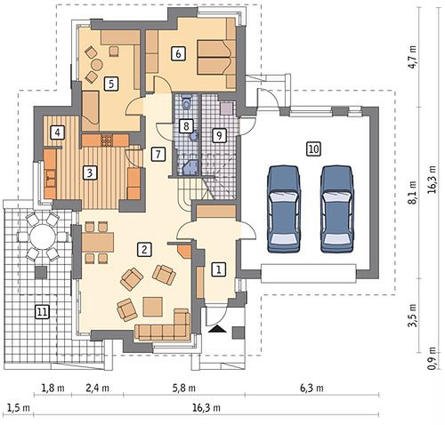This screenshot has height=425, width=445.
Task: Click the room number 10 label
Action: [313, 148]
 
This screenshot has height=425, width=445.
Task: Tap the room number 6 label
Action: [178, 54]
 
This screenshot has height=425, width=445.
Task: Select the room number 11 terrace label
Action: [43, 312]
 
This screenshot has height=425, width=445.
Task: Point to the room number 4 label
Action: [57, 132]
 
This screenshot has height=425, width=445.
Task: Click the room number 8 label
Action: [186, 126]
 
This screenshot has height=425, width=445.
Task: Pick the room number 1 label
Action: [219, 270]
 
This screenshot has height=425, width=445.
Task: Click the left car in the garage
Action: [284, 209]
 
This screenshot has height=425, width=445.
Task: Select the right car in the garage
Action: [337, 209]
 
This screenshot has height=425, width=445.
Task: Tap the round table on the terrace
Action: [43, 237]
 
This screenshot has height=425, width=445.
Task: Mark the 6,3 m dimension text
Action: [311, 388]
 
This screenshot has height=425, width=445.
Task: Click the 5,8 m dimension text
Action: [184, 388]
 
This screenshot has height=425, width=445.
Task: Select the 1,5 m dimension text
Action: [19, 408]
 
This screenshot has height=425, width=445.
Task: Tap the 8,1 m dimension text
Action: [413, 193]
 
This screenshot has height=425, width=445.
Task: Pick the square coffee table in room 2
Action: [153, 307]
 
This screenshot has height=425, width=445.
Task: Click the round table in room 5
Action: [96, 64]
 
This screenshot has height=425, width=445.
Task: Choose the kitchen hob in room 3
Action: [107, 140]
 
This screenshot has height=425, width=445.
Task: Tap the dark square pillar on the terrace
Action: [41, 272]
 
